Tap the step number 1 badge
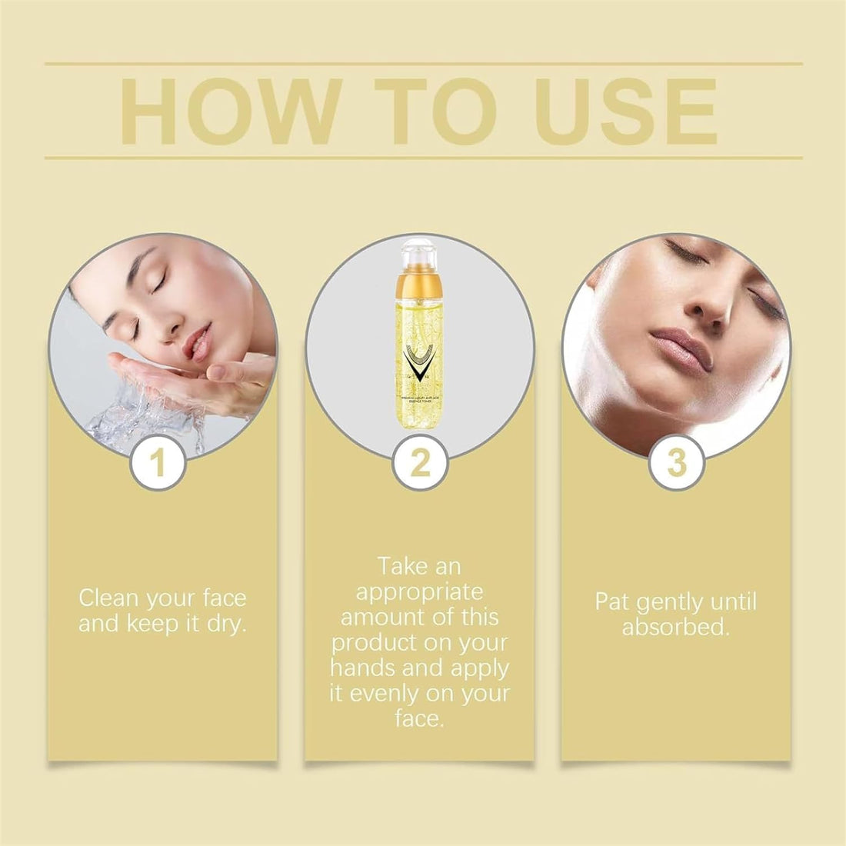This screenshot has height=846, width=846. tap(158, 464)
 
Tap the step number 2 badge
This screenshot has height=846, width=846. tap(419, 464)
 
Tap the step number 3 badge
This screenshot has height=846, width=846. tap(676, 464)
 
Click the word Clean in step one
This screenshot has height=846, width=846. tap(109, 598)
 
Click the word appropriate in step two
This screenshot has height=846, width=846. tap(419, 591)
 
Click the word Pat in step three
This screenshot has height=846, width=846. tap(612, 601)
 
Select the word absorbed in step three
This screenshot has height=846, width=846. tap(674, 627)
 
